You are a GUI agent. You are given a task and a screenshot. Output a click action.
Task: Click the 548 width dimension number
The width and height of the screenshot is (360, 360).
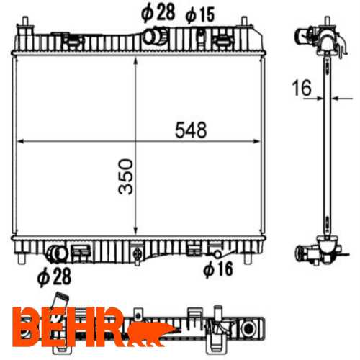click(191, 130)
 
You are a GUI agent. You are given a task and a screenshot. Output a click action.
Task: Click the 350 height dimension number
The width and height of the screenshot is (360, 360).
click(126, 176)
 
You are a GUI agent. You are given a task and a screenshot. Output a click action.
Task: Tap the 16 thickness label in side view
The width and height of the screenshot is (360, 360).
click(302, 88)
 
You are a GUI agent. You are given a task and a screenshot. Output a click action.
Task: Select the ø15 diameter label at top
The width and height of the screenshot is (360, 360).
click(200, 15)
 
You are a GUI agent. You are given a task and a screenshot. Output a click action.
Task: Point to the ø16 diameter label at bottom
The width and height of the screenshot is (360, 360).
click(218, 269)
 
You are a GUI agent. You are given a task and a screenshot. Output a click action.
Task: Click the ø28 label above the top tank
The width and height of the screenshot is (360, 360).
click(158, 13)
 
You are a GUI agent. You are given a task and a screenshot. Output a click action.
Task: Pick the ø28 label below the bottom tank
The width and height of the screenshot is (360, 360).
click(55, 276)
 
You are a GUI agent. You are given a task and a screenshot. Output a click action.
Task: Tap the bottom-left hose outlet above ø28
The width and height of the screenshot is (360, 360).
click(58, 254)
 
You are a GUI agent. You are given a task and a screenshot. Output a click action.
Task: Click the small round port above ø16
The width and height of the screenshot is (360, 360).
click(217, 254)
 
